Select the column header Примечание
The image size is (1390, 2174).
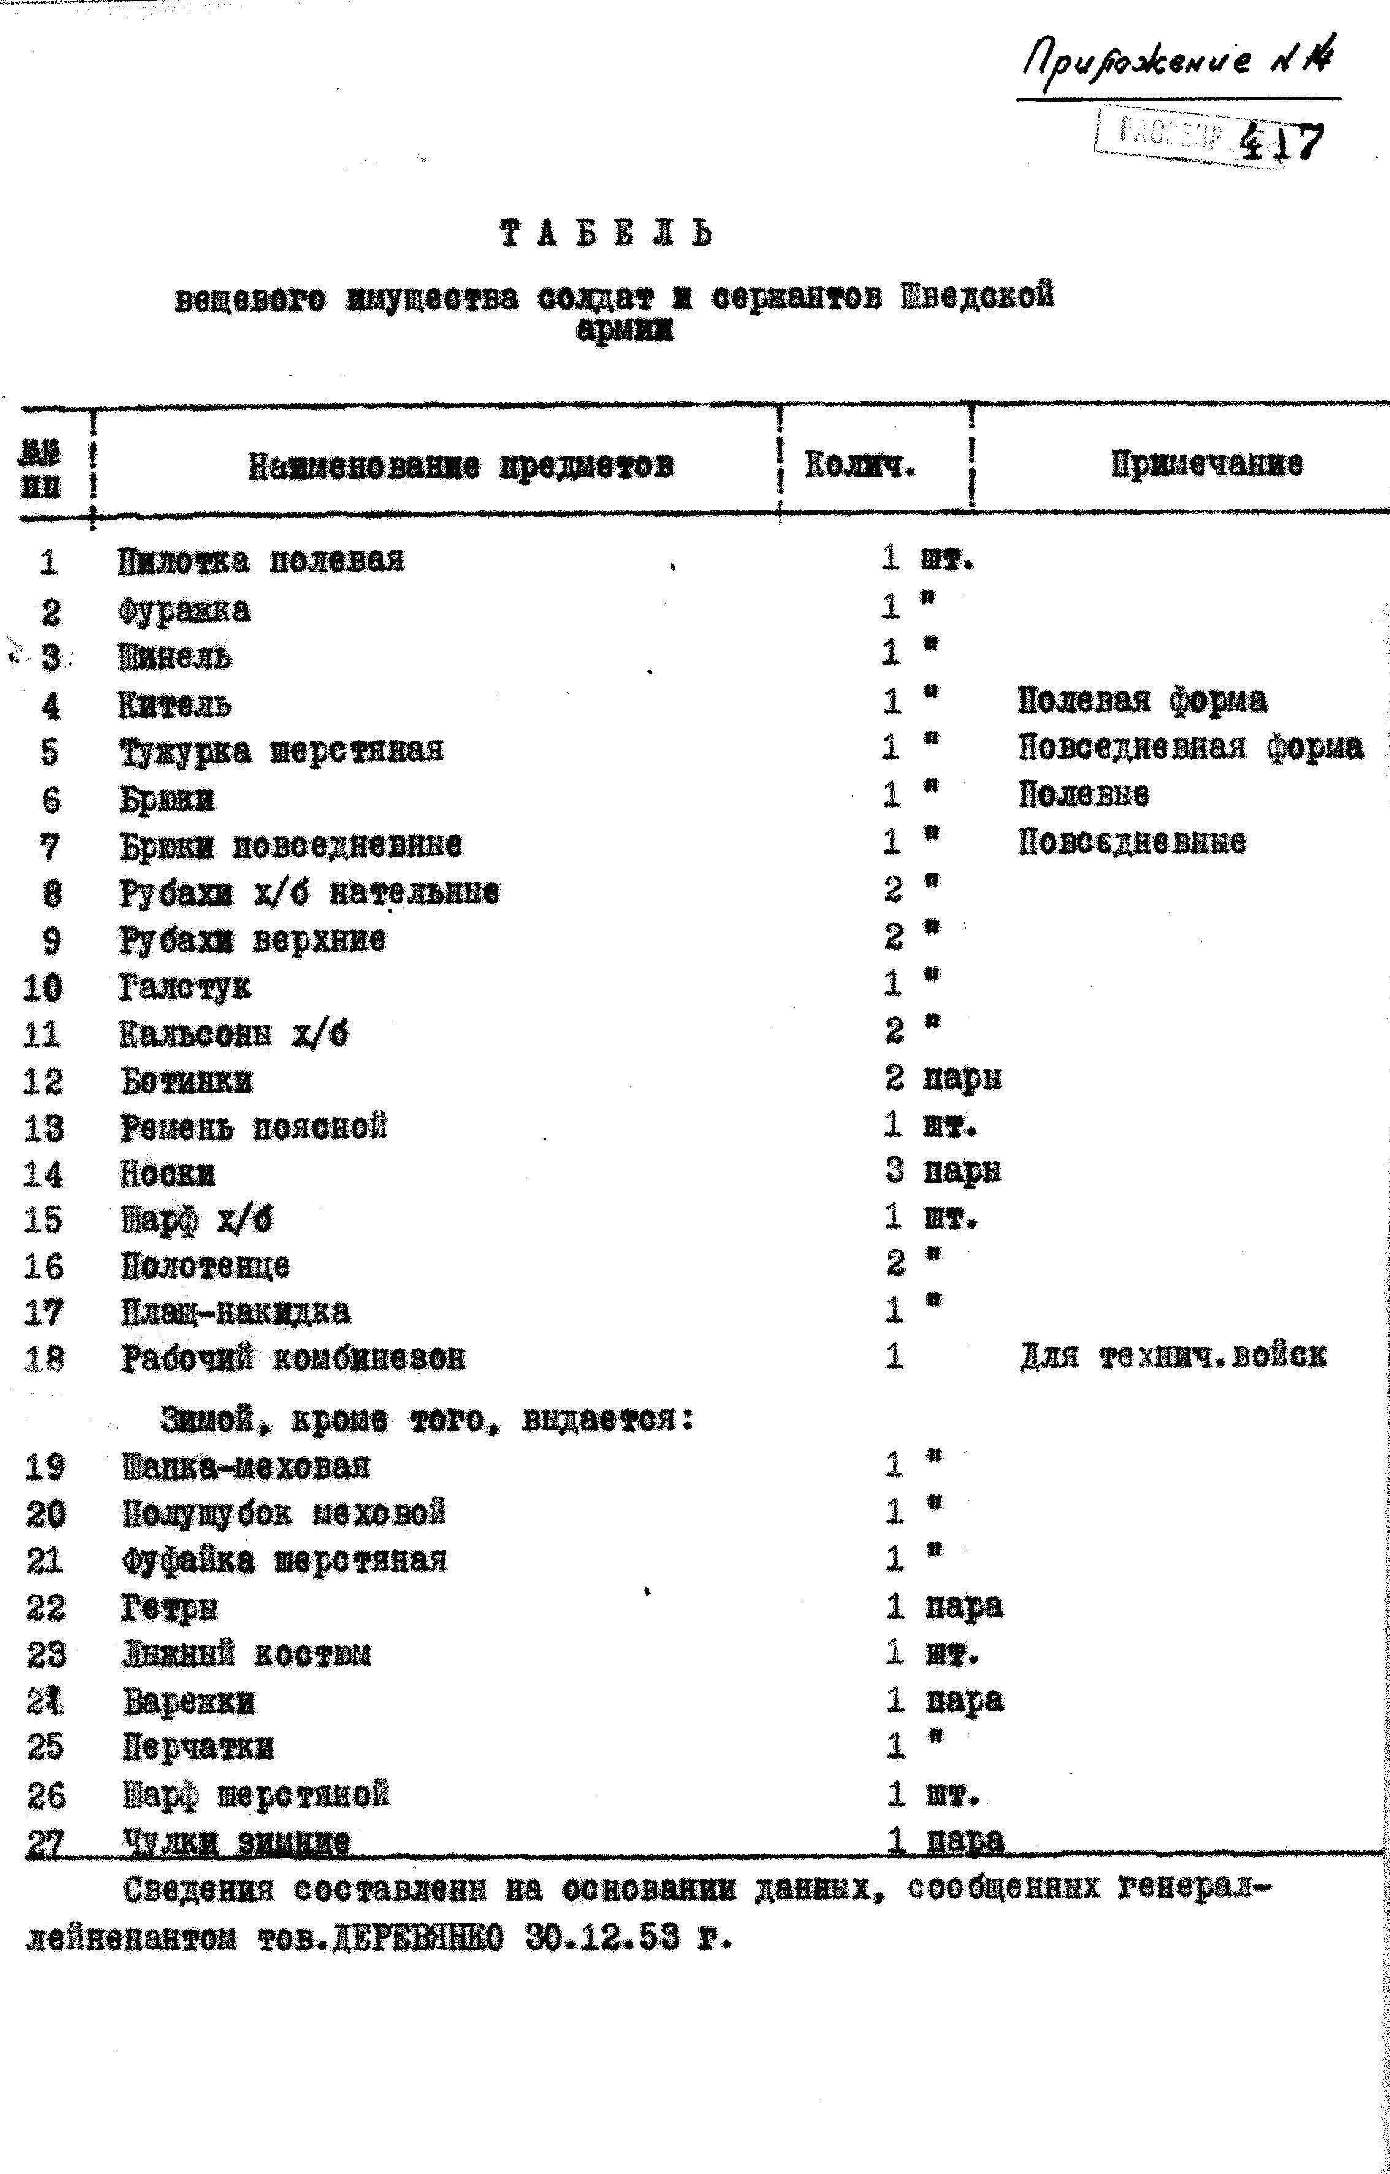[x=1207, y=464]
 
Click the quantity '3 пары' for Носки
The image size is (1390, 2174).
[x=942, y=1171]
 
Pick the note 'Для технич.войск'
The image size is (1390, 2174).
[x=1172, y=1355]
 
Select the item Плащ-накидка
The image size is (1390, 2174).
[x=235, y=1311]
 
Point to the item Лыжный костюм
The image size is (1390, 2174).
[x=246, y=1654]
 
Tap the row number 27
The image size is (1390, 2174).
[x=44, y=1842]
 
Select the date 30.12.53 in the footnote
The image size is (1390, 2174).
[x=601, y=1935]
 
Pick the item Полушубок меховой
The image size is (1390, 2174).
[x=284, y=1513]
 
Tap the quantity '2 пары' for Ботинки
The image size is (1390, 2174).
[x=942, y=1078]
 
